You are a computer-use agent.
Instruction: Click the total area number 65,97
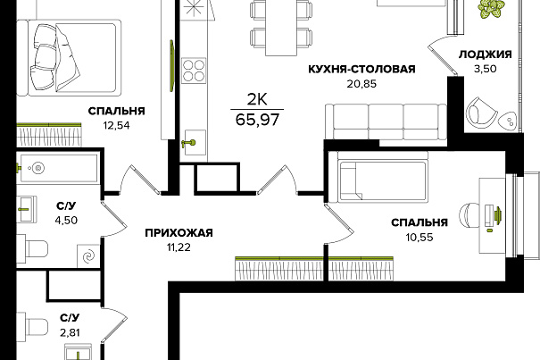(257, 120)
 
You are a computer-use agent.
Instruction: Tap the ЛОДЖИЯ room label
(485, 54)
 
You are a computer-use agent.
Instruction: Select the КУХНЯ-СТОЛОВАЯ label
(361, 69)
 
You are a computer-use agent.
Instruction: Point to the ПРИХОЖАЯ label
(179, 233)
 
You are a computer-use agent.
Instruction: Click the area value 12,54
(116, 126)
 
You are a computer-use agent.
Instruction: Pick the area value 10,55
(420, 238)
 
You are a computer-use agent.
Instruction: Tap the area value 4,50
(66, 220)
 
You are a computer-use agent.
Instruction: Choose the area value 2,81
(70, 332)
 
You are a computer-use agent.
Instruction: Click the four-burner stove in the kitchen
(194, 71)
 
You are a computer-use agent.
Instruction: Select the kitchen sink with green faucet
(195, 142)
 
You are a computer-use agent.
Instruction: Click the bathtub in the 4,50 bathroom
(59, 168)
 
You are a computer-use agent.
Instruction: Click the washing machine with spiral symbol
(88, 255)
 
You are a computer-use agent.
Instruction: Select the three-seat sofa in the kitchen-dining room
(386, 121)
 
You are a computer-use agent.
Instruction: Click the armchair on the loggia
(481, 111)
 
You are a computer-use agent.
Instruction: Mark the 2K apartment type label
(257, 100)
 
